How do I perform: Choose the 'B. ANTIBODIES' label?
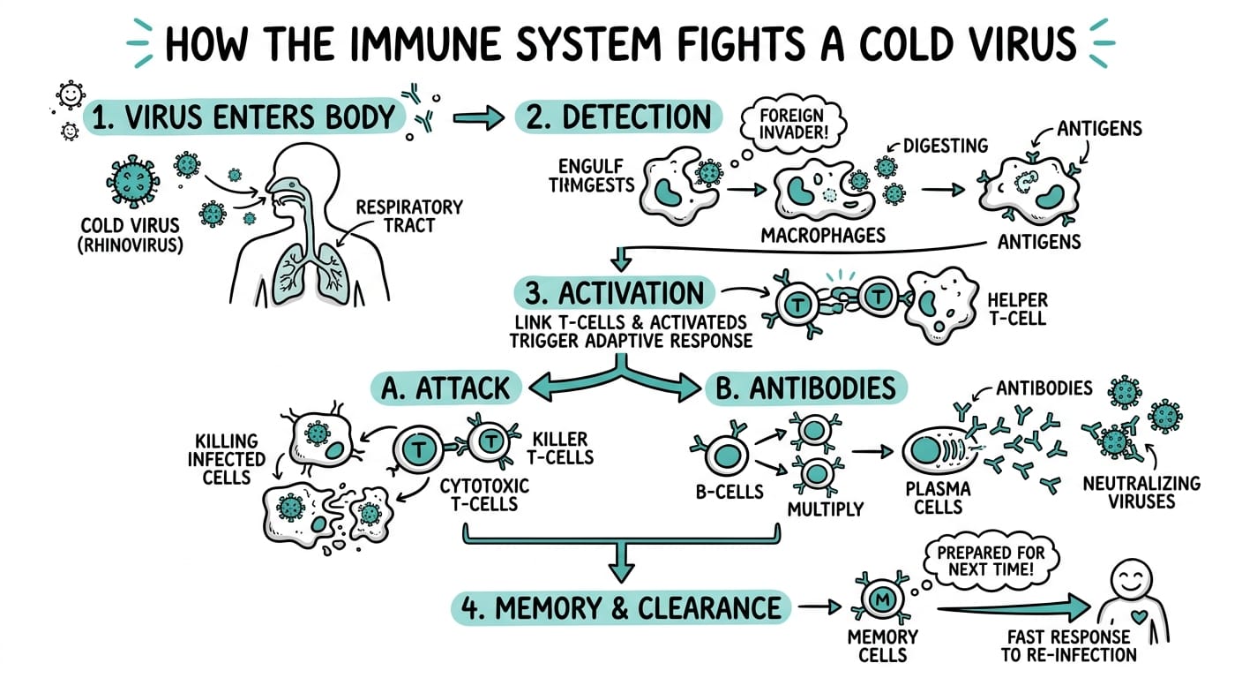tap(805, 387)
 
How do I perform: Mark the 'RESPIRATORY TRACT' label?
tap(408, 216)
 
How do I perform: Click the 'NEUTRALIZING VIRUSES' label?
tap(1141, 492)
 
